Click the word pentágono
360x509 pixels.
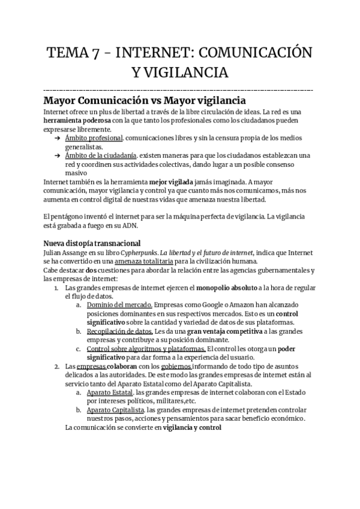click(x=71, y=217)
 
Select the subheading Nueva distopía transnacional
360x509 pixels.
click(x=92, y=243)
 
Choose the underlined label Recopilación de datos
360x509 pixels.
click(x=119, y=331)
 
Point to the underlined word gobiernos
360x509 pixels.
click(x=176, y=366)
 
